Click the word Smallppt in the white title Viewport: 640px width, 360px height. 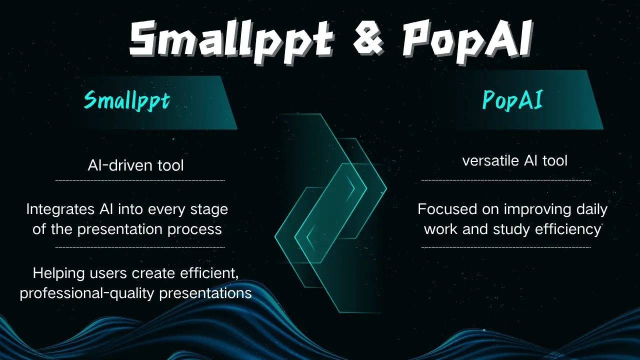(x=230, y=39)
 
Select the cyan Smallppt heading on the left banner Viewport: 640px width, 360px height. (x=127, y=100)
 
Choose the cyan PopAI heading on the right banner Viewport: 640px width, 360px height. (x=512, y=100)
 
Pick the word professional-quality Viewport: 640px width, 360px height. (x=87, y=293)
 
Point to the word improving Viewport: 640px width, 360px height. (x=535, y=209)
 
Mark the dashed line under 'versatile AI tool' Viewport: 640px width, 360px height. (x=506, y=180)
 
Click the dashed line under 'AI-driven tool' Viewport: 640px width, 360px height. (x=139, y=180)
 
